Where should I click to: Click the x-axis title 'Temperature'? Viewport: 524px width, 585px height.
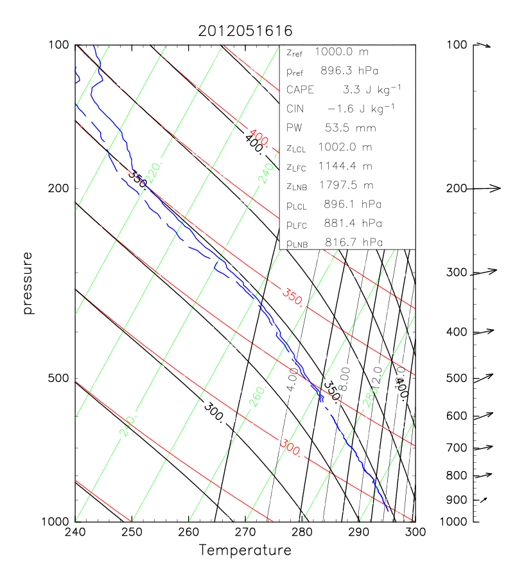(x=245, y=550)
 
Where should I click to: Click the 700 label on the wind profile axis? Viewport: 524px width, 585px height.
(x=457, y=448)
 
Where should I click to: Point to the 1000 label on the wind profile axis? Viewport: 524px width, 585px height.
(x=454, y=521)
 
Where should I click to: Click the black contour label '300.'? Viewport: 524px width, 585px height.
(x=214, y=411)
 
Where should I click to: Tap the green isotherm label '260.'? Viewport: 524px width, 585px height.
(x=256, y=399)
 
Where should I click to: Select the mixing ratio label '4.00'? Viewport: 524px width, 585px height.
(x=292, y=379)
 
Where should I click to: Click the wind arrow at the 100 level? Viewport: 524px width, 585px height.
(x=482, y=45)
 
